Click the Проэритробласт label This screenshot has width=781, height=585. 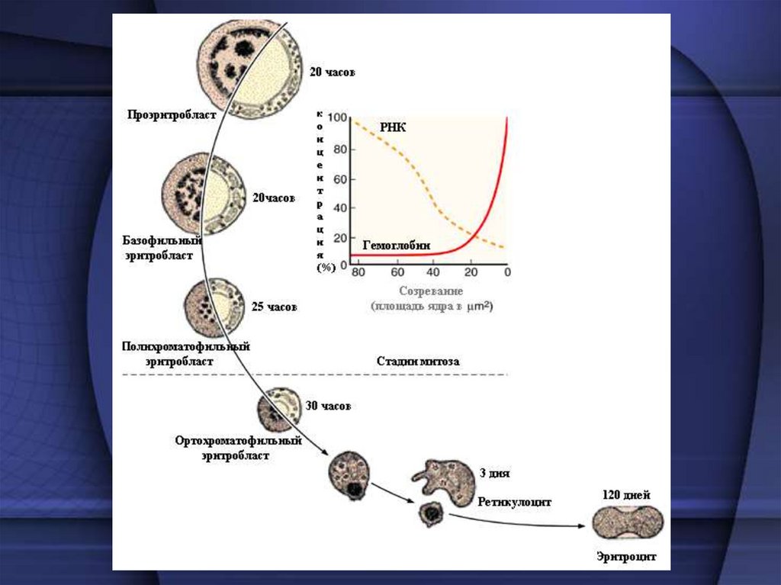[x=172, y=115]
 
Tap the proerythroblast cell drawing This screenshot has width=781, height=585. [x=245, y=69]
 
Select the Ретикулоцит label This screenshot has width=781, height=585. [x=515, y=503]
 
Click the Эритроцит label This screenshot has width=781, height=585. [x=627, y=556]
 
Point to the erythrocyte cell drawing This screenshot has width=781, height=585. [x=628, y=522]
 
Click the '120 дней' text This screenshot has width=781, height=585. [x=627, y=495]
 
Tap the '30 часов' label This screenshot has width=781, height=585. [x=328, y=407]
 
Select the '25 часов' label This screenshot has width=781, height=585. [x=274, y=307]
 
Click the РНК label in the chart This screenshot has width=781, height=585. [x=394, y=127]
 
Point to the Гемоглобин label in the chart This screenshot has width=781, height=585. [x=397, y=246]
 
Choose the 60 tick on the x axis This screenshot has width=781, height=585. [x=397, y=273]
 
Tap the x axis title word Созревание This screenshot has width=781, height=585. [x=431, y=291]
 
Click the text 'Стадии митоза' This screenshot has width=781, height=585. [x=418, y=362]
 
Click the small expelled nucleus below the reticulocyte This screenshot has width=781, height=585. [x=431, y=515]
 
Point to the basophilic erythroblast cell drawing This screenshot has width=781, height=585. [x=203, y=194]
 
